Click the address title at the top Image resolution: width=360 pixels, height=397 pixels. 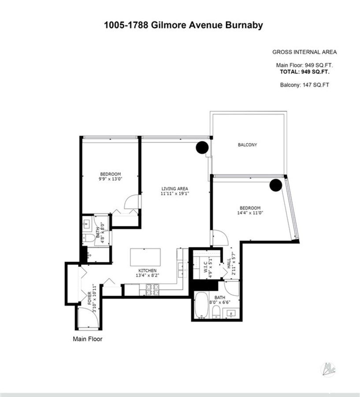click(x=183, y=25)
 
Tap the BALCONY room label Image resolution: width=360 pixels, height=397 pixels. click(x=247, y=145)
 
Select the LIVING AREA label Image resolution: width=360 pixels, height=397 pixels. click(x=174, y=189)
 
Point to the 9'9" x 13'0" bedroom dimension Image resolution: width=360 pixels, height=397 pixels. click(x=110, y=179)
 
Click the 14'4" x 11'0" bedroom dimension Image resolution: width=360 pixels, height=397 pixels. click(x=250, y=213)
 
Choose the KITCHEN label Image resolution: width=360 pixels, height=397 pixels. click(x=147, y=271)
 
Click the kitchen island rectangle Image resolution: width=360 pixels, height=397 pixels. click(x=145, y=257)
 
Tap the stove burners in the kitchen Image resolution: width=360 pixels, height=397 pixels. click(x=152, y=290)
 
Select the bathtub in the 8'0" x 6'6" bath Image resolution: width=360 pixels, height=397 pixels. click(x=202, y=305)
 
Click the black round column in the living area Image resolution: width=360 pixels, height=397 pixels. click(x=202, y=147)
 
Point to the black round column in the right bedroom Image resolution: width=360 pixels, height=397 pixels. click(x=275, y=185)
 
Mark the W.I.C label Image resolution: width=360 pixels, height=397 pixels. click(x=205, y=266)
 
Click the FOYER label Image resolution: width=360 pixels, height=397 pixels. click(x=89, y=298)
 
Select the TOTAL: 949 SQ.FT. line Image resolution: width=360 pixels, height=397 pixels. click(x=304, y=71)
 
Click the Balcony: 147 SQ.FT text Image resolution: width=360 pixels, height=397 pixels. click(x=304, y=85)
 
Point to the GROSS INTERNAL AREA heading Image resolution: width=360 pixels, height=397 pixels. click(x=304, y=52)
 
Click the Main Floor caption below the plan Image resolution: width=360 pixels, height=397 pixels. click(x=88, y=339)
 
